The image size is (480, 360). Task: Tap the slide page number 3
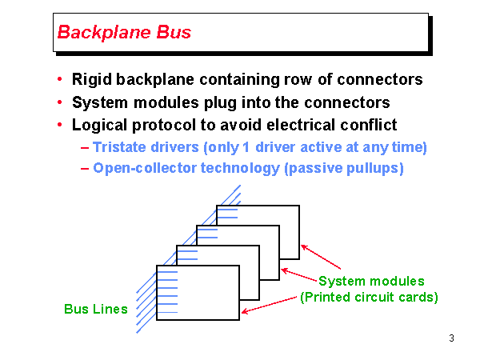(452, 338)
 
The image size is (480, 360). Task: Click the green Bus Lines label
(96, 309)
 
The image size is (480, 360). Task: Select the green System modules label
(371, 281)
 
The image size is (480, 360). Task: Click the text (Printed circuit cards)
(369, 298)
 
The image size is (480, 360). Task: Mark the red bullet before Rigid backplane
(60, 80)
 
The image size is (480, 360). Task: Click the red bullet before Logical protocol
(60, 126)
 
